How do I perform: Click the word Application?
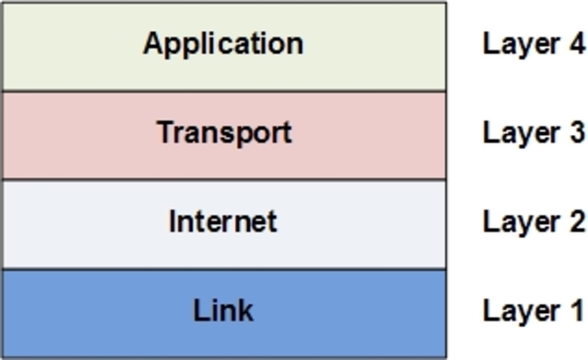pos(222,44)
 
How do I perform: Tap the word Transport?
pos(223,132)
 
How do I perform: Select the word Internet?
pos(222,221)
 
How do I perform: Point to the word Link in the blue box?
pos(223,310)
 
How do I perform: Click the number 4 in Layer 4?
pos(575,44)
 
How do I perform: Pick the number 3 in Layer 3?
pos(575,132)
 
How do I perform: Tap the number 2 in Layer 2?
pos(575,221)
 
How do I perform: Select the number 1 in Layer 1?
pos(575,310)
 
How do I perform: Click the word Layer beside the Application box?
pos(519,44)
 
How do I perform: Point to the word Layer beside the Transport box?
pos(519,132)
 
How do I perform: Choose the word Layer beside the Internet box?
pos(519,221)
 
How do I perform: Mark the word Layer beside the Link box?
pos(519,310)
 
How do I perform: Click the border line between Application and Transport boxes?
pos(223,90)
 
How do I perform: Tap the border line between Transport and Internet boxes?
pos(223,179)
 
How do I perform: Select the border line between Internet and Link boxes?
pos(223,268)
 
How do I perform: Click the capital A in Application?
pos(153,43)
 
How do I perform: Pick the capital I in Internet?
pos(172,221)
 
